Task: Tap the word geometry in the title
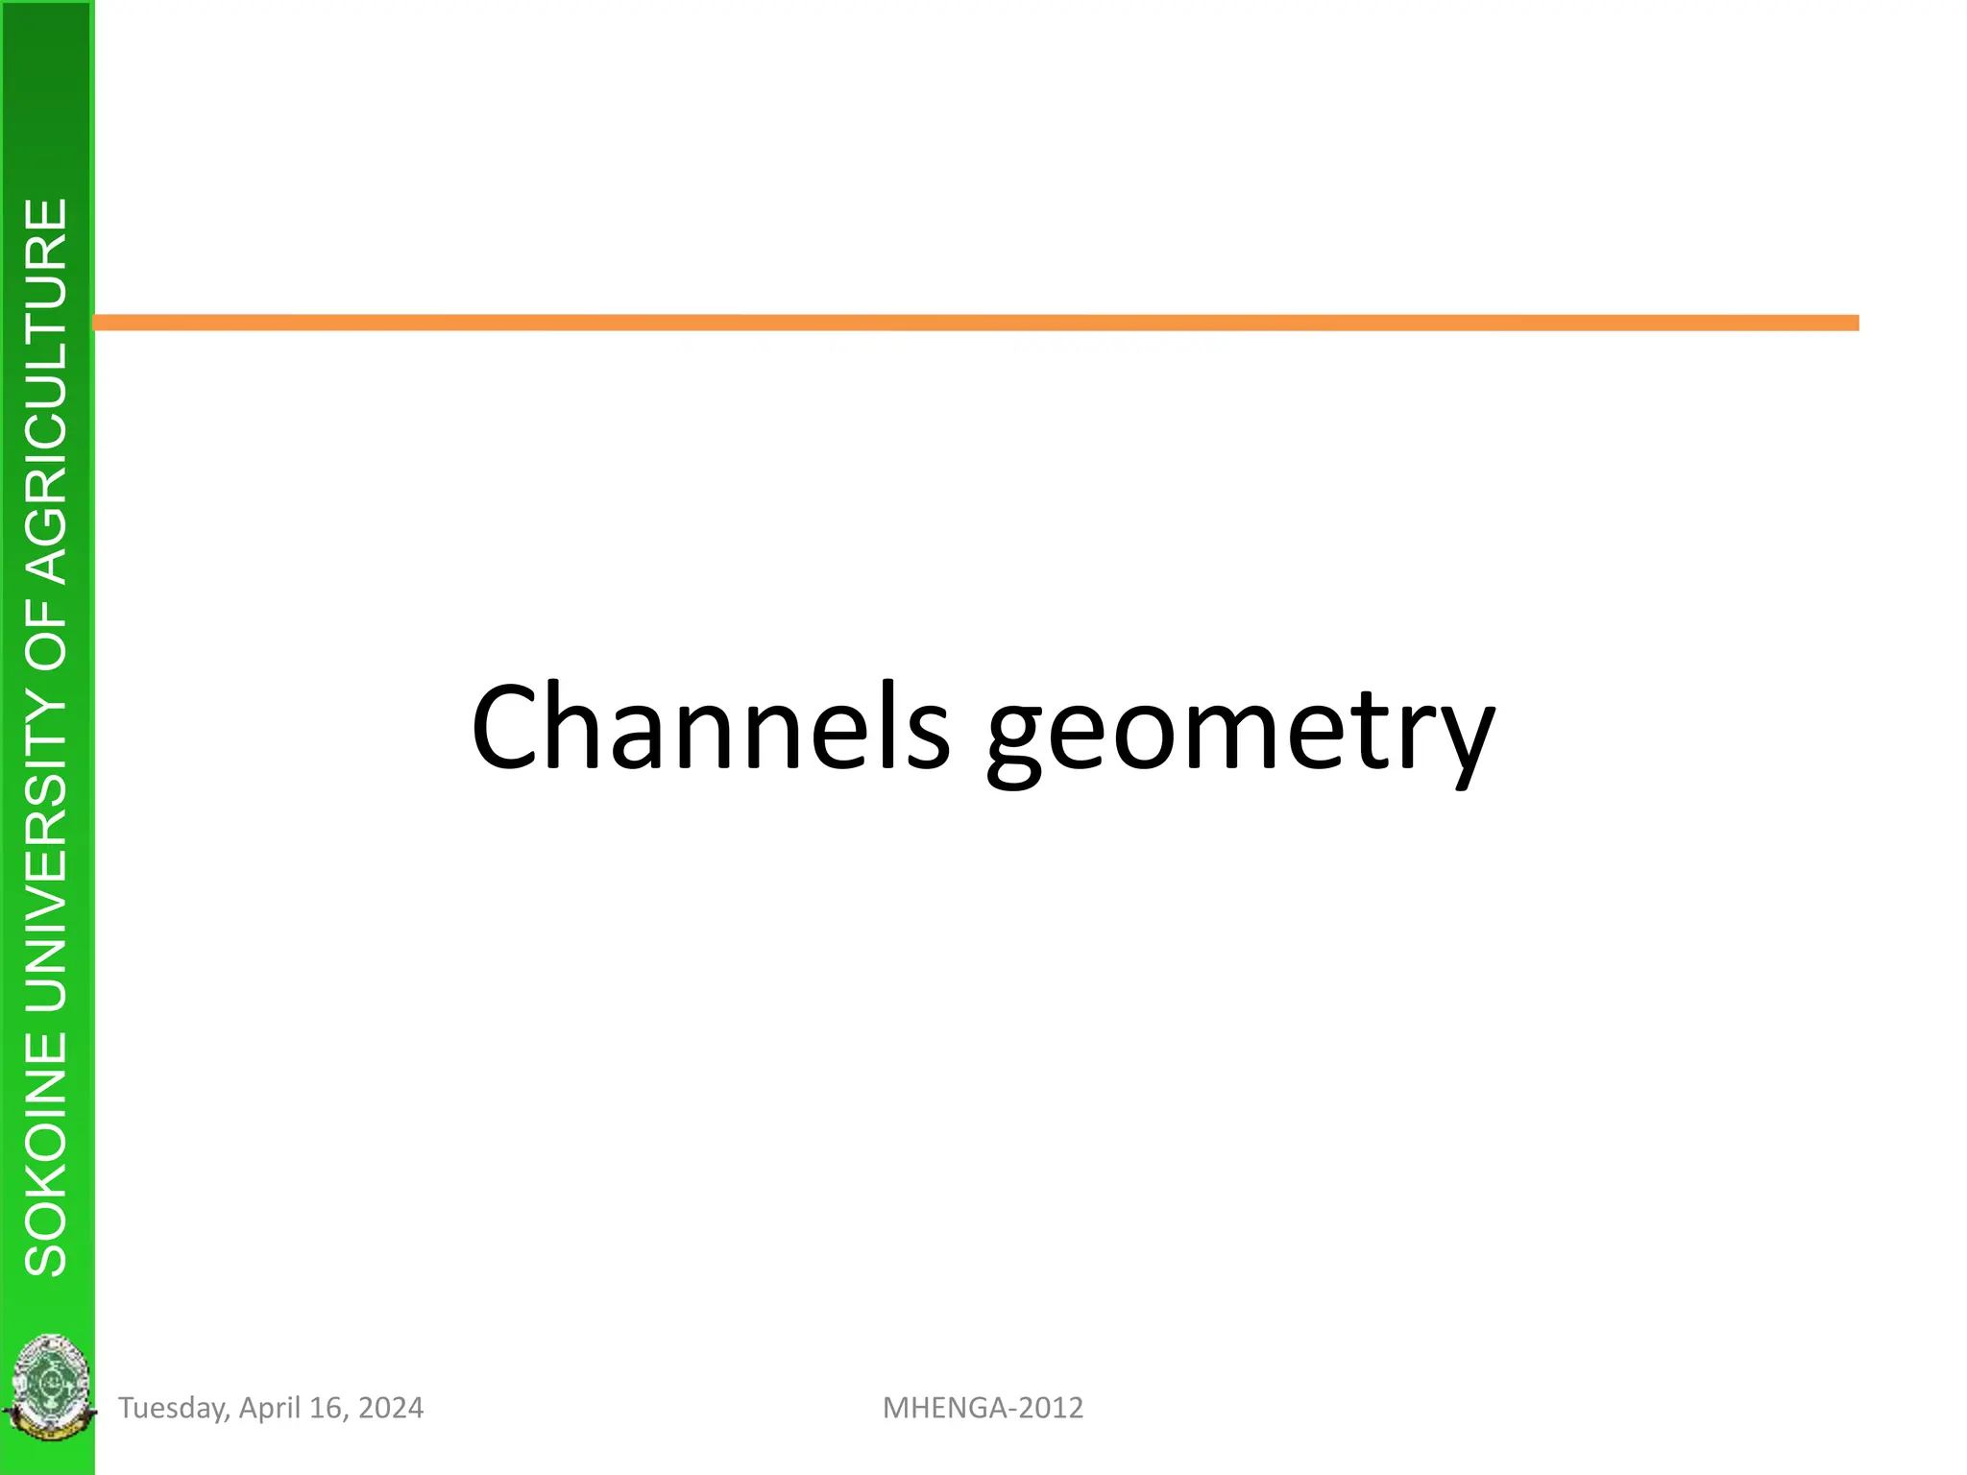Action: (x=1240, y=736)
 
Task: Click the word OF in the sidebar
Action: (x=47, y=635)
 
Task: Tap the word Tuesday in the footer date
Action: (x=173, y=1408)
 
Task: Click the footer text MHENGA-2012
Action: (x=983, y=1408)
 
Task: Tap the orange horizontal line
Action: (x=976, y=323)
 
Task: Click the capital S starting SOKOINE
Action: (x=47, y=1252)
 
